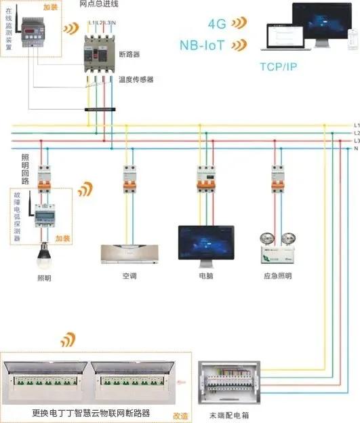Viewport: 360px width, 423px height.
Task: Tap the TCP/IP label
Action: tap(279, 66)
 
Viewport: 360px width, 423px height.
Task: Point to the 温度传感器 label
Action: tap(136, 79)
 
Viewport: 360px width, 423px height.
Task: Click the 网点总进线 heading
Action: tap(100, 4)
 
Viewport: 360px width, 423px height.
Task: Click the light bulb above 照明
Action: tap(45, 253)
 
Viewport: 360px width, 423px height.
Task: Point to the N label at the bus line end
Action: tap(356, 148)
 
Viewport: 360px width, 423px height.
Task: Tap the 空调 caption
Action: tap(129, 276)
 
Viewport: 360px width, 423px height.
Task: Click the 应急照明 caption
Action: tap(278, 276)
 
